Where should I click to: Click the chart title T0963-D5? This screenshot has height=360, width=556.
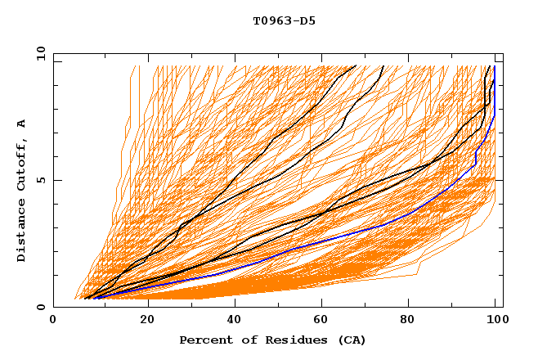coord(284,21)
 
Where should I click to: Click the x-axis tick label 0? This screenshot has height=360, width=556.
coord(53,321)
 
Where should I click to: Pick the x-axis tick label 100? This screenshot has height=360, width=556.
coord(494,321)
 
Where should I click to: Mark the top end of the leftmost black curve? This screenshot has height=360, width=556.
coord(356,66)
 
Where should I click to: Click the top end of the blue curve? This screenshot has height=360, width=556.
coord(495,67)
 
